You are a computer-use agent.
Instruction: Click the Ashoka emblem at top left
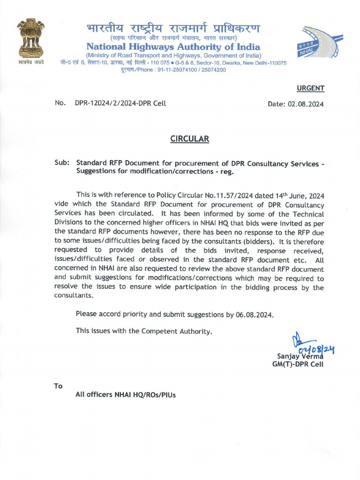(30, 38)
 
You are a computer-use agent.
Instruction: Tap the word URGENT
(310, 88)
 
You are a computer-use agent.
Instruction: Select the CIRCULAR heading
(189, 139)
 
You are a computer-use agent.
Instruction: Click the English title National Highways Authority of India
(173, 47)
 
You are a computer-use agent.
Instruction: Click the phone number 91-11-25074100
(173, 70)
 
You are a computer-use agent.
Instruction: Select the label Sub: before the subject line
(62, 163)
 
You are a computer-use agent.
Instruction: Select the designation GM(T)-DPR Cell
(298, 364)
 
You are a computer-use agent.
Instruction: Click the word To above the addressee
(58, 386)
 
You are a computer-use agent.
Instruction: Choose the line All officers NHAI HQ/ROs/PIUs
(126, 395)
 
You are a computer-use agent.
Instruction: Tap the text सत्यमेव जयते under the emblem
(31, 62)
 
